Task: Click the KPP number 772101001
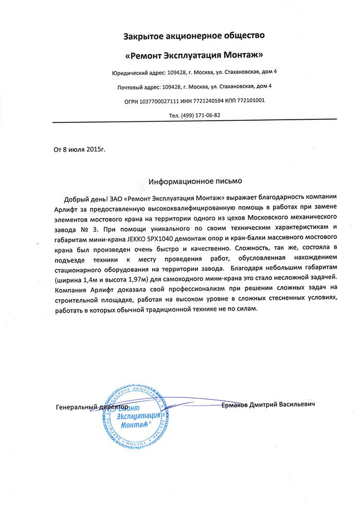point(251,100)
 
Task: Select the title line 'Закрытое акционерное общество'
point(194,35)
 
